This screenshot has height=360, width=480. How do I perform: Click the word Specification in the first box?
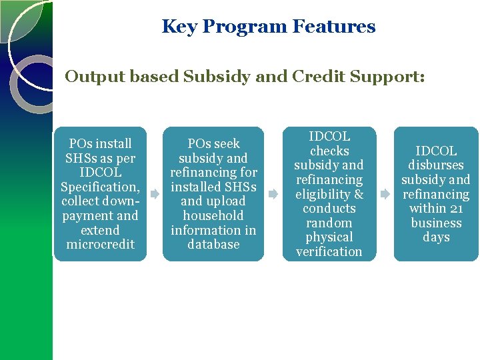[x=98, y=187]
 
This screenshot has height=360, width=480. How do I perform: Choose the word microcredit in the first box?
[x=100, y=245]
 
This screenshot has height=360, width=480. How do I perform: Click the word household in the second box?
[x=213, y=216]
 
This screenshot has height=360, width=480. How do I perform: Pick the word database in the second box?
[x=213, y=245]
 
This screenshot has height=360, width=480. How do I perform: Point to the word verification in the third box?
[x=329, y=252]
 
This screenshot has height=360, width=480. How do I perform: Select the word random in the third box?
[x=329, y=223]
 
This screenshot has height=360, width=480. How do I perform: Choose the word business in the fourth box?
[x=436, y=223]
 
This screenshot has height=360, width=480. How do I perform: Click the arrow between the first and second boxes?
[x=154, y=194]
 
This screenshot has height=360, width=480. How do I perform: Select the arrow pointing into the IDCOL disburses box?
[x=385, y=195]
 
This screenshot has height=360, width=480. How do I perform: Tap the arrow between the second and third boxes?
[x=273, y=195]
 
